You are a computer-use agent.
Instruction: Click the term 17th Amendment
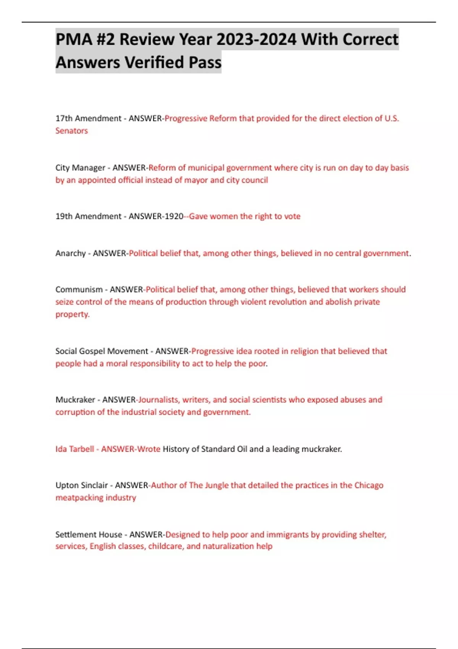coord(88,118)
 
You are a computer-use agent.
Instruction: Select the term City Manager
coord(80,168)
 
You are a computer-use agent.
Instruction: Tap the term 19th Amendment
coord(88,216)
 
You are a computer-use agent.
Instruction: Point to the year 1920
coord(174,216)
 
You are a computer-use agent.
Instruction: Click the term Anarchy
coord(70,253)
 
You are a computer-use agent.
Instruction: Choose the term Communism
coord(79,289)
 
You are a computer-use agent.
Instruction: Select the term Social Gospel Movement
coord(102,351)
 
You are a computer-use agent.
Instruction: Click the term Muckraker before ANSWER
coord(75,400)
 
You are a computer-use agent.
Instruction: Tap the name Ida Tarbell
coord(74,449)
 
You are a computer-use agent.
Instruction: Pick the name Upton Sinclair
coord(81,485)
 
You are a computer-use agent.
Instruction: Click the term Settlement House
coord(89,534)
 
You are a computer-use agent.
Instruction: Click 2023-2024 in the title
coord(256,39)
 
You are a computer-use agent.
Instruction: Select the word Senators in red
coord(71,131)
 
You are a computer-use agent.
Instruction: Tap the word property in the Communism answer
coord(72,314)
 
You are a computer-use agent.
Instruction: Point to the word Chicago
coord(369,485)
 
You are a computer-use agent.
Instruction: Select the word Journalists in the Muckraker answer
coord(158,400)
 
